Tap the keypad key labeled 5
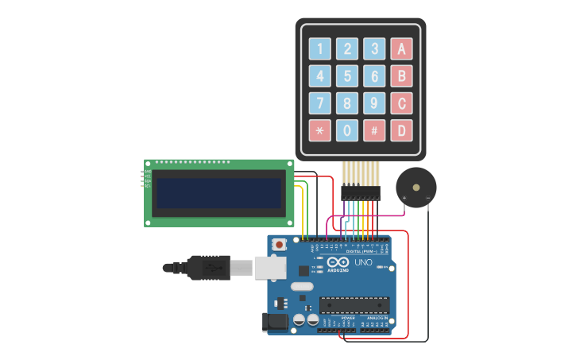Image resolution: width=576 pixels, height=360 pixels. [347, 76]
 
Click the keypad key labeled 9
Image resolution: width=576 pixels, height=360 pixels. [374, 103]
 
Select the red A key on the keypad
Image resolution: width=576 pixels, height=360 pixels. [401, 49]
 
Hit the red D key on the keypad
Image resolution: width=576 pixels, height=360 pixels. [401, 130]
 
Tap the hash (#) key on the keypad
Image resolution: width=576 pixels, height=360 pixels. [374, 130]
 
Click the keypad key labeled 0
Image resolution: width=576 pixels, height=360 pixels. [347, 130]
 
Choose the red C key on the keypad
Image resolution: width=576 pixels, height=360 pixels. [401, 103]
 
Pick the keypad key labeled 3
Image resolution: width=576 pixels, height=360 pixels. [374, 49]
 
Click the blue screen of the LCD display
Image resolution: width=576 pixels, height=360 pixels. [218, 193]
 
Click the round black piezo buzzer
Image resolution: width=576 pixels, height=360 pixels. [416, 188]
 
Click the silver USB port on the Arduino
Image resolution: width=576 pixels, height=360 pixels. [270, 268]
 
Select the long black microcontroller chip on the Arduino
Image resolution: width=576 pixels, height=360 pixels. [354, 305]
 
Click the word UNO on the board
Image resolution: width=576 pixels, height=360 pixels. [363, 262]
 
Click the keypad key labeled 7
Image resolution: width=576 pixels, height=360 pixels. [320, 103]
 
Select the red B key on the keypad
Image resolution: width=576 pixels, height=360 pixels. [401, 76]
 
